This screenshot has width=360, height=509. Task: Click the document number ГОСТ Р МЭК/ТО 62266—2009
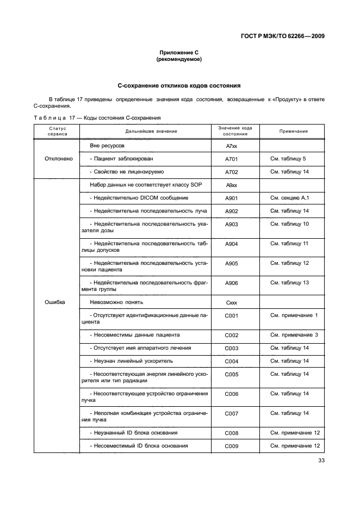[x=283, y=37]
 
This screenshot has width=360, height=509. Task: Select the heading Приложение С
[x=179, y=52]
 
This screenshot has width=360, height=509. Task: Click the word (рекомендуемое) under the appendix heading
[x=179, y=59]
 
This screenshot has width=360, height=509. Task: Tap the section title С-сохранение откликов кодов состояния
[x=179, y=86]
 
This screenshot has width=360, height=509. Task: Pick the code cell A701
[x=232, y=159]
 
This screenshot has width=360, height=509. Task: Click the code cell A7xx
[x=232, y=147]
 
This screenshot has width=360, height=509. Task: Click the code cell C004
[x=232, y=361]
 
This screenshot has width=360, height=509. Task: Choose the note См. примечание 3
[x=294, y=335]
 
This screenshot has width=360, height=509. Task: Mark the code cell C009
[x=232, y=446]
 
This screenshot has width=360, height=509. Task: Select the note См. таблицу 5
[x=288, y=159]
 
